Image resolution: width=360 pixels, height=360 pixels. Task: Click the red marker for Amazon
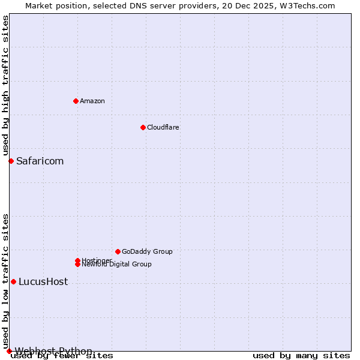click(76, 101)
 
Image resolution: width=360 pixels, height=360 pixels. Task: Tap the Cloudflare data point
click(143, 127)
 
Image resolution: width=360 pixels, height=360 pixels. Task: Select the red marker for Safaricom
click(11, 161)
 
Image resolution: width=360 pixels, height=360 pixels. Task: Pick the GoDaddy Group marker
click(118, 251)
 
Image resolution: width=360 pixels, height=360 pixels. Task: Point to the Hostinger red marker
click(77, 260)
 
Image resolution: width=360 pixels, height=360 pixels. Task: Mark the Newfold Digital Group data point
click(77, 265)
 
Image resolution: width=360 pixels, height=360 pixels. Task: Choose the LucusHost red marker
click(13, 281)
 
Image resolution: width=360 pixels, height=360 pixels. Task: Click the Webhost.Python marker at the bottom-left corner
click(9, 351)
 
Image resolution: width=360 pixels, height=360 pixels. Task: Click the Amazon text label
click(92, 101)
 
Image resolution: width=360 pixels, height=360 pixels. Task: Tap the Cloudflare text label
click(163, 127)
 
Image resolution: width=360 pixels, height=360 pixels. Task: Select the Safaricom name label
click(40, 161)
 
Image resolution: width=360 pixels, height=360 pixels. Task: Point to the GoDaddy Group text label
click(147, 251)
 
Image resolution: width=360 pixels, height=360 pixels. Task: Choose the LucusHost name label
click(43, 281)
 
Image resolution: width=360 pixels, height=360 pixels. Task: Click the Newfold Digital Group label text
click(116, 265)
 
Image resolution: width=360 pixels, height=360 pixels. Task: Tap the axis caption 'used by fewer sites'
click(62, 356)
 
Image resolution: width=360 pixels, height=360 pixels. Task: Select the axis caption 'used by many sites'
click(301, 356)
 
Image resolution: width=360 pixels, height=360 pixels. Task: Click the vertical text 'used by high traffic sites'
click(5, 86)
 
